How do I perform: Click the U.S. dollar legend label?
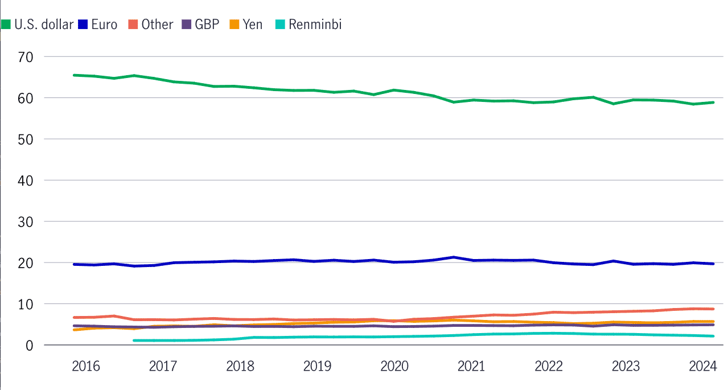[44, 24]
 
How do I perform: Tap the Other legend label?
[157, 24]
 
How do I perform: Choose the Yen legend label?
[253, 24]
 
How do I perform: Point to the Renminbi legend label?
[315, 24]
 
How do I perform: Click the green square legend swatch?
[6, 24]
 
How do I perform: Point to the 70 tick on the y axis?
[26, 57]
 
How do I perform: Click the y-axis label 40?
[26, 180]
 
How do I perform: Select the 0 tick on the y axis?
[30, 345]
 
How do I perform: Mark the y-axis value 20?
[26, 263]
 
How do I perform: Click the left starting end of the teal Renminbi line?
[133, 340]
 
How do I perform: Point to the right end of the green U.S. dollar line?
[714, 102]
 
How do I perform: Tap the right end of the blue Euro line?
[714, 264]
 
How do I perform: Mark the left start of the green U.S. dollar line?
[74, 75]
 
